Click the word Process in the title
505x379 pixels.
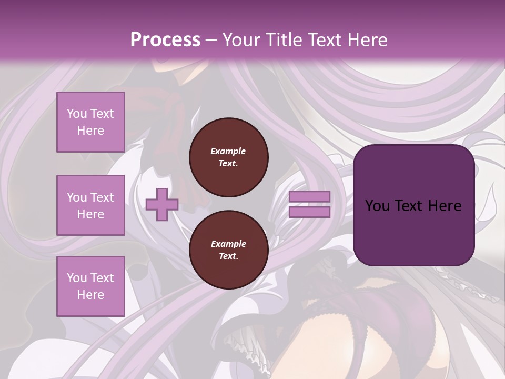click(165, 40)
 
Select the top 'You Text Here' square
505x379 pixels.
click(90, 122)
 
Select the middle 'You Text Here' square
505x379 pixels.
click(90, 205)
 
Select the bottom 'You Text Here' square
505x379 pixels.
click(90, 286)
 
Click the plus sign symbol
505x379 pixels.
click(162, 205)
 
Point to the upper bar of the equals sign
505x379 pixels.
click(310, 197)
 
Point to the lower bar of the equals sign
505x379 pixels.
click(310, 212)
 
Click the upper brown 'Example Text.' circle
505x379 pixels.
click(228, 157)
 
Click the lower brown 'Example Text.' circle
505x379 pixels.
click(228, 250)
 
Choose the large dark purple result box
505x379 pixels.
click(413, 205)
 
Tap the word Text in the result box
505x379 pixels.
click(412, 205)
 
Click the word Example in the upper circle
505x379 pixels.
click(228, 151)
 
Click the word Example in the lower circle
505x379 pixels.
click(228, 244)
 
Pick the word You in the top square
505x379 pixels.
click(77, 114)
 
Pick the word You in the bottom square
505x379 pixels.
click(77, 277)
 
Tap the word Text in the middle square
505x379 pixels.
click(102, 197)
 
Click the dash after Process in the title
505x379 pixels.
click(211, 40)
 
